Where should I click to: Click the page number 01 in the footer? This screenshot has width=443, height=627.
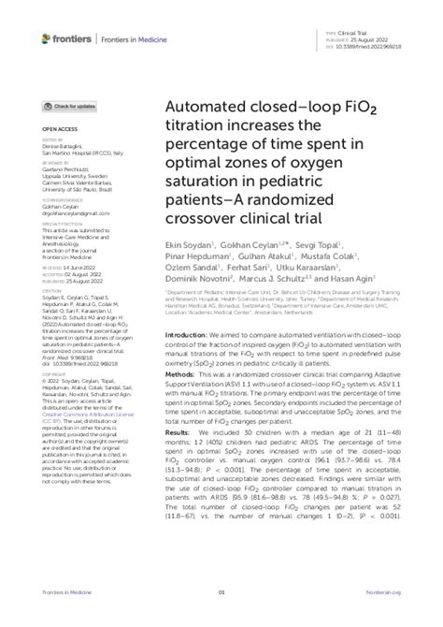point(222,618)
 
